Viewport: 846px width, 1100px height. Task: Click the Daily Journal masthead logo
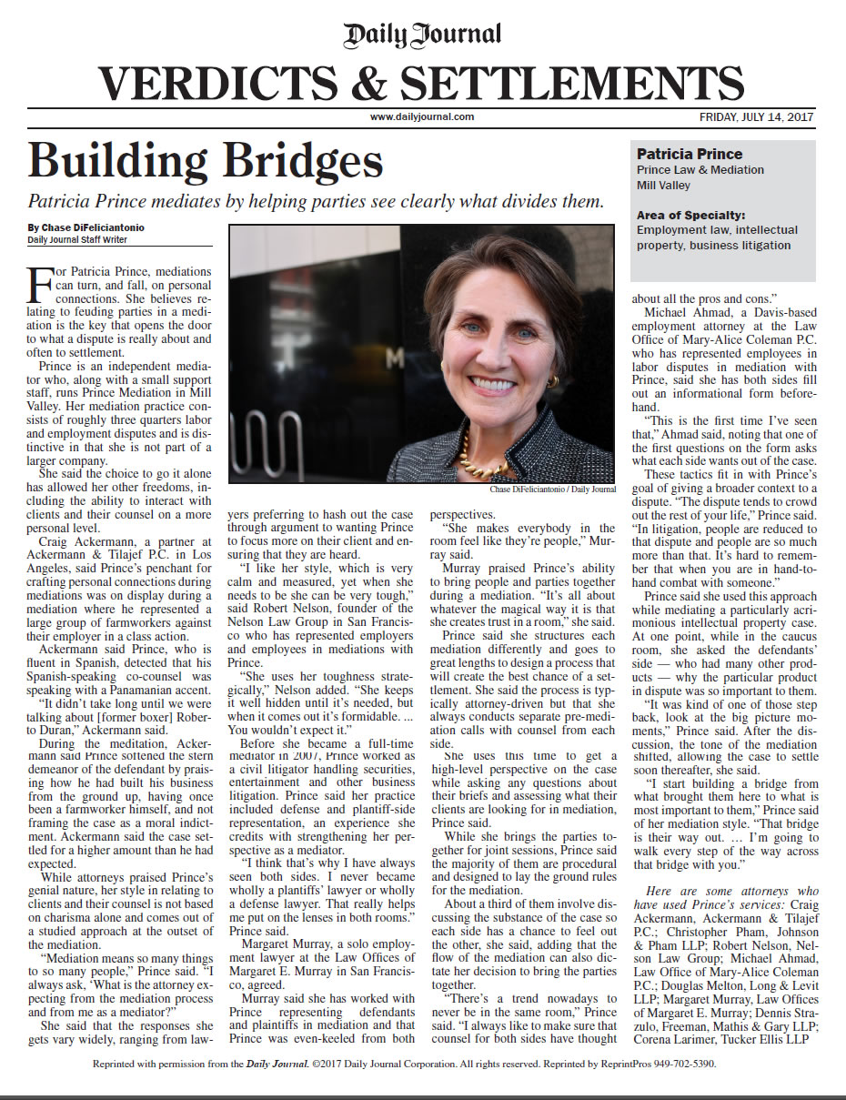pos(422,35)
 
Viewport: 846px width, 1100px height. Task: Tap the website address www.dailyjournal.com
pos(422,116)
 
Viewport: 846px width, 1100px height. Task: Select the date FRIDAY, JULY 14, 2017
pos(756,116)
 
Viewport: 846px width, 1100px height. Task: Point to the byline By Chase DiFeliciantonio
pos(86,227)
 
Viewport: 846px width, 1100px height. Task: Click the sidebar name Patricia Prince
pos(690,154)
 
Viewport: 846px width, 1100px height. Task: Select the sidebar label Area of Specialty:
pos(691,216)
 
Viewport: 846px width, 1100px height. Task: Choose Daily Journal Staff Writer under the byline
pos(77,240)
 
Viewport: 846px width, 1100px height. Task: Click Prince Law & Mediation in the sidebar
pos(700,170)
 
